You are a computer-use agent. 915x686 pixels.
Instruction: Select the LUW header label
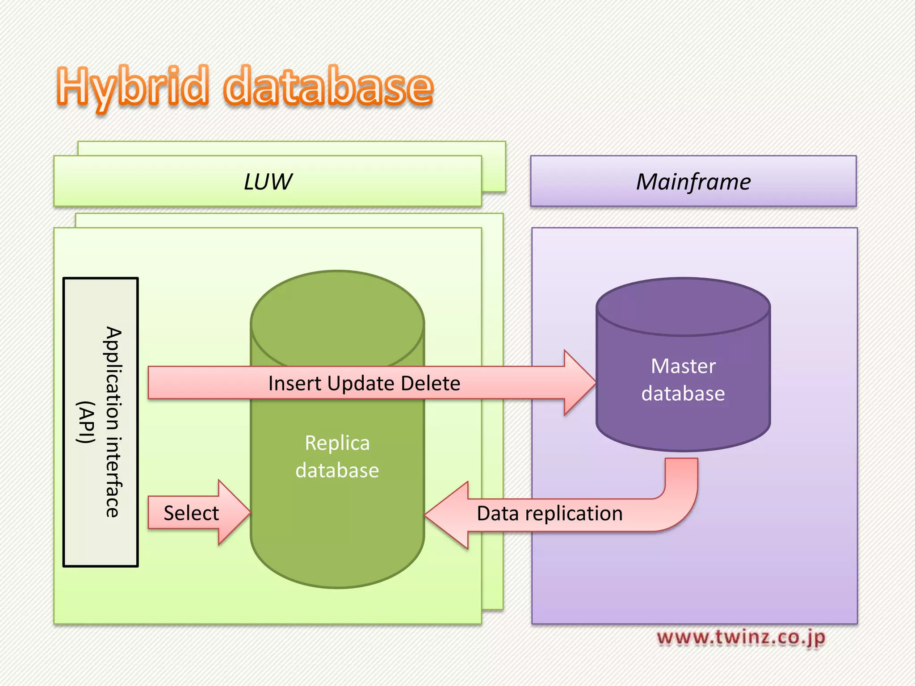268,182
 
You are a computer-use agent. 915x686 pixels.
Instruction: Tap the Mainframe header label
693,182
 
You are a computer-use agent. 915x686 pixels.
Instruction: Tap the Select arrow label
191,513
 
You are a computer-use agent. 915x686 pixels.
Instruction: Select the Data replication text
550,514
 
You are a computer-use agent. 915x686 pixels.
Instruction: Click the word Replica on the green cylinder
337,443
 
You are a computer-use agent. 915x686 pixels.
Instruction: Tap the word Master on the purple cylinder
683,366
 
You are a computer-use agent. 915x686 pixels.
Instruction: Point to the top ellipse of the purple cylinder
683,307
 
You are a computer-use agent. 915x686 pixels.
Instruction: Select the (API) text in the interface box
86,422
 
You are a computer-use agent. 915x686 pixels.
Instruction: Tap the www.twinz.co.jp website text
741,637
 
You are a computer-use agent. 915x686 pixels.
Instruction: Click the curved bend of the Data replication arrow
679,509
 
